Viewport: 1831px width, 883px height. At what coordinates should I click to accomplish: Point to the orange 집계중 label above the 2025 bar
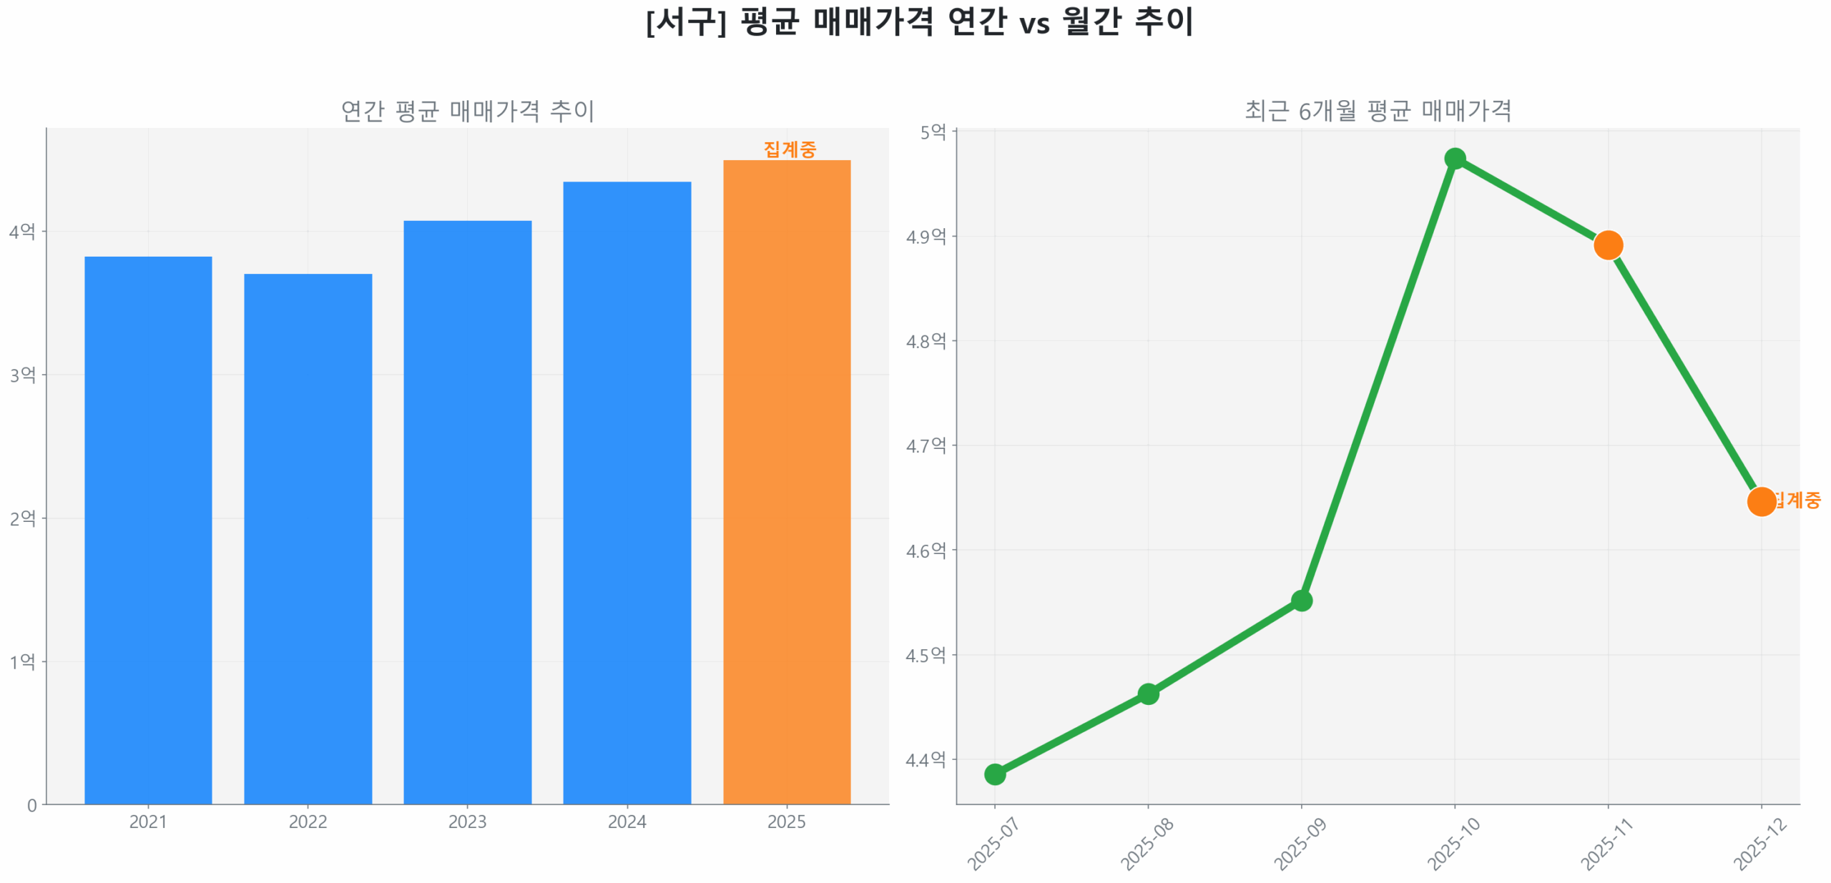(789, 149)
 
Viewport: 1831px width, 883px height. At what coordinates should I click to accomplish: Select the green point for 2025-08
(1147, 693)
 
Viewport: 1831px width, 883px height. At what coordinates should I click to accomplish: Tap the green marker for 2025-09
(1301, 600)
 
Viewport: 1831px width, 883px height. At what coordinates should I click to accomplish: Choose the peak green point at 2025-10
(1454, 158)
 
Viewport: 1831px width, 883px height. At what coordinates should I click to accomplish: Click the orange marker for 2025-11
(1607, 245)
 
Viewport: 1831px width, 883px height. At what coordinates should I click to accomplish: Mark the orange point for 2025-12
(1760, 501)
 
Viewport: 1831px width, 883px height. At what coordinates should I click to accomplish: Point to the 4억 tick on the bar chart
(22, 231)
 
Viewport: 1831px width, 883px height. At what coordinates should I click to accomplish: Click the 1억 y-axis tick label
(22, 661)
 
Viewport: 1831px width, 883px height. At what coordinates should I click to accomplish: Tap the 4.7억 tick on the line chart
(926, 445)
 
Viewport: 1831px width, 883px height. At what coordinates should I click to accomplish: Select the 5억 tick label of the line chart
(932, 132)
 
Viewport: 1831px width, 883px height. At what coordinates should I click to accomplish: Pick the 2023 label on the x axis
(467, 822)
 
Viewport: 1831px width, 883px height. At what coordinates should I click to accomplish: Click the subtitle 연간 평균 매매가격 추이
(467, 111)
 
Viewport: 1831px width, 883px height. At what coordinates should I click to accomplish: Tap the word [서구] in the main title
(685, 21)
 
